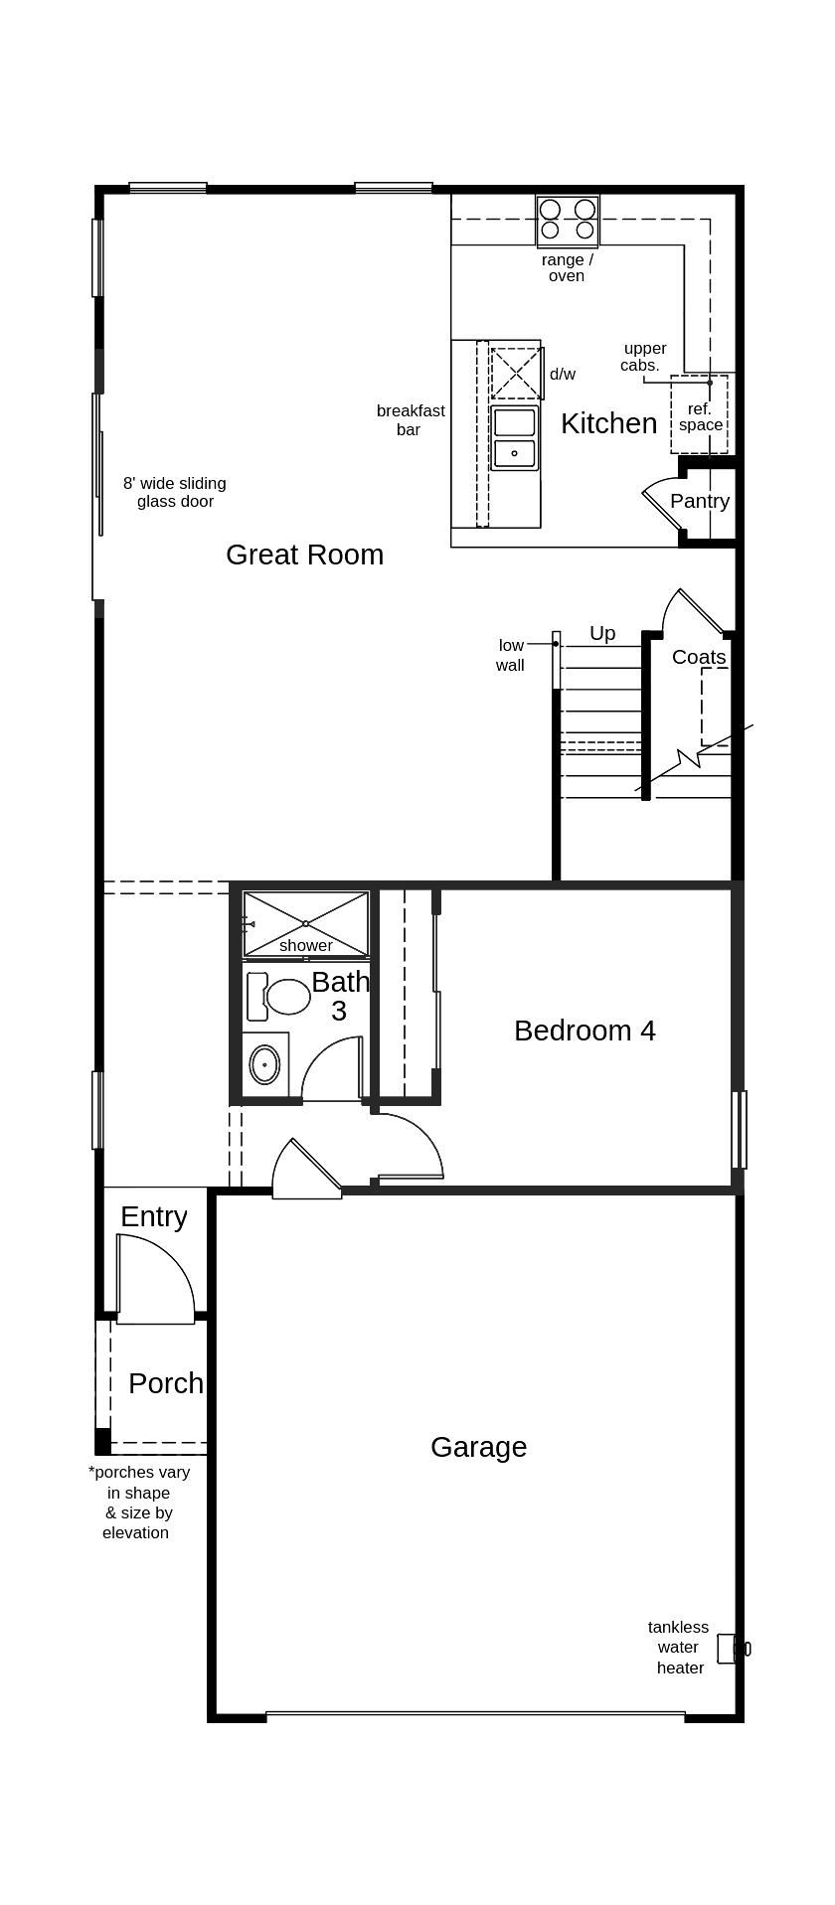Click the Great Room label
304,555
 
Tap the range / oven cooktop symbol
568,221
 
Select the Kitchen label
608,423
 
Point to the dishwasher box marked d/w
517,373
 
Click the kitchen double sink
515,437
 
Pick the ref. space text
701,417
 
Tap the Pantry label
700,501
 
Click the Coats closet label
699,657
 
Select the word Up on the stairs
602,634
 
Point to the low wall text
511,656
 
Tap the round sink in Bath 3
264,1064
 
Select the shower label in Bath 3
306,946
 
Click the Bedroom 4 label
584,1031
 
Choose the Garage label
478,1447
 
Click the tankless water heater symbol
733,1650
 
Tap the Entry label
153,1217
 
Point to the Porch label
166,1383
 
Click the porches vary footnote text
138,1503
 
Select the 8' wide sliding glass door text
175,493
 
